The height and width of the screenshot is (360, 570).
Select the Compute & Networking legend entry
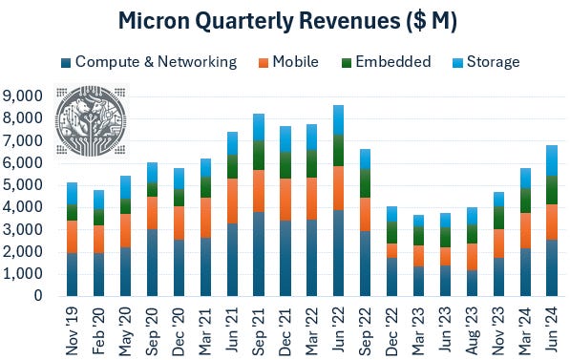coord(156,62)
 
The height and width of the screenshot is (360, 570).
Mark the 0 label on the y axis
coord(37,297)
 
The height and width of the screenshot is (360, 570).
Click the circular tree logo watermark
coord(92,125)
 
